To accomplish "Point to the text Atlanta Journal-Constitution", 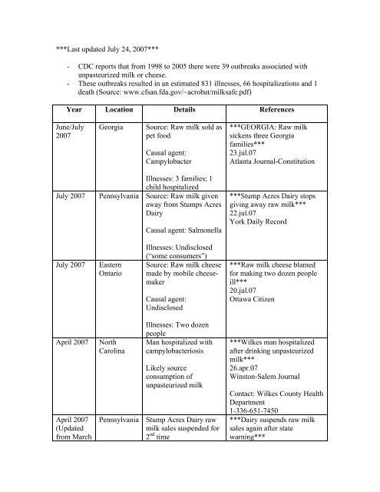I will (x=284, y=174).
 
